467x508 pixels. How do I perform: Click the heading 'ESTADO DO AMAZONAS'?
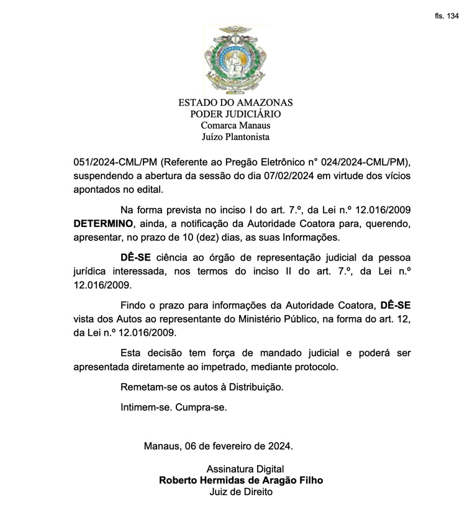click(x=235, y=103)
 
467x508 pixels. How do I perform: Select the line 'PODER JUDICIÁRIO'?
click(x=235, y=114)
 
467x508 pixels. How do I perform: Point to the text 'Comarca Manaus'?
click(x=235, y=126)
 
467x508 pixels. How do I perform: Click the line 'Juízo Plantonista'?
click(x=235, y=137)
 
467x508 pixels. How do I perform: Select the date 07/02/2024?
click(x=278, y=176)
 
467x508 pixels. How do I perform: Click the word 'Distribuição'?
click(x=253, y=387)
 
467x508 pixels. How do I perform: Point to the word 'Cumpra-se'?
click(x=201, y=408)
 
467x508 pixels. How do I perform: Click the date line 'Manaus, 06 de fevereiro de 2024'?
click(x=218, y=446)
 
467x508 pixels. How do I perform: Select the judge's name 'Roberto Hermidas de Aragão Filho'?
click(x=241, y=481)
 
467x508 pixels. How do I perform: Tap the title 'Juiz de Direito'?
click(x=241, y=492)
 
